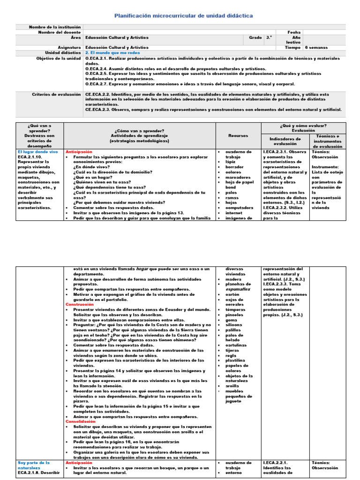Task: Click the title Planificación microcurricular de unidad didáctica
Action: tap(184, 16)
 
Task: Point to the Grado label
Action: tap(255, 37)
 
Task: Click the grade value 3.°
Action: tap(269, 37)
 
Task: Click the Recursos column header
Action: tap(238, 135)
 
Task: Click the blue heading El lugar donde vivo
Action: tap(37, 152)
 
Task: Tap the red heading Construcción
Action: tap(80, 304)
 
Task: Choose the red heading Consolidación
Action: tap(81, 422)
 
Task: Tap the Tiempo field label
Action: tap(293, 47)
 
